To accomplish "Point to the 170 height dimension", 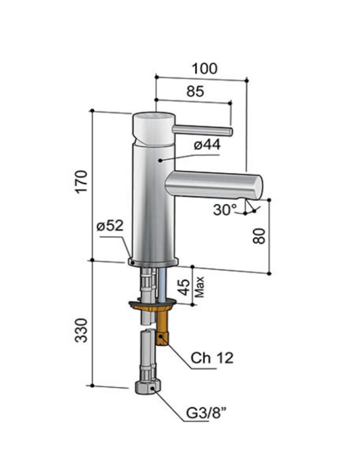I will coord(80,182).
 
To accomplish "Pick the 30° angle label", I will coord(225,210).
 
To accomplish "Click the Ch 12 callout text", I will coord(212,358).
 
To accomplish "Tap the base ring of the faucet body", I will coord(153,262).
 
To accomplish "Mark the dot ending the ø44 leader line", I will coord(160,160).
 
